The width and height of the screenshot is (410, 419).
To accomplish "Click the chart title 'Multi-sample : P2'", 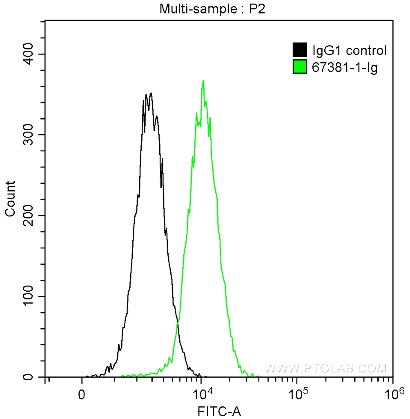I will pyautogui.click(x=212, y=9).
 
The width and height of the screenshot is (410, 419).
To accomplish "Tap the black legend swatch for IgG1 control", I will pyautogui.click(x=300, y=51).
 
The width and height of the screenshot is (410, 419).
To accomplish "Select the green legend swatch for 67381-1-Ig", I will pyautogui.click(x=300, y=67).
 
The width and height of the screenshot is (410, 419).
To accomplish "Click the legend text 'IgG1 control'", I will pyautogui.click(x=349, y=51).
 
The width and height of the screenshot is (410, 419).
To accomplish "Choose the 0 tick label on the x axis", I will pyautogui.click(x=82, y=395).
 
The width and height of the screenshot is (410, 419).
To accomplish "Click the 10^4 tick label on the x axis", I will pyautogui.click(x=203, y=394).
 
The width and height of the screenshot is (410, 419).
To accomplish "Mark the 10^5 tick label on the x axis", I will pyautogui.click(x=297, y=394).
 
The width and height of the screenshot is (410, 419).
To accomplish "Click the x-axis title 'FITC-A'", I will pyautogui.click(x=219, y=411).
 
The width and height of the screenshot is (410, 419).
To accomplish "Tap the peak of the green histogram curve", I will pyautogui.click(x=203, y=81).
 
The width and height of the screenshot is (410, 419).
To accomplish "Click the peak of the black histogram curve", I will pyautogui.click(x=151, y=93).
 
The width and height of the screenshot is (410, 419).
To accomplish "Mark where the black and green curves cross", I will pyautogui.click(x=177, y=323).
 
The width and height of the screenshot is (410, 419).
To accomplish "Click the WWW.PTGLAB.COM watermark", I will pyautogui.click(x=325, y=368).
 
